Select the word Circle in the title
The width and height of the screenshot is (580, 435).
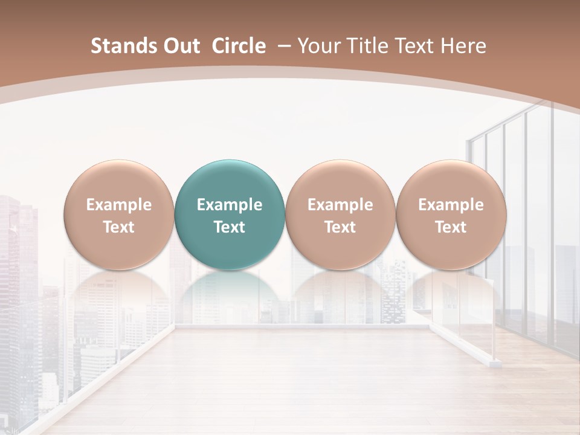[x=239, y=46]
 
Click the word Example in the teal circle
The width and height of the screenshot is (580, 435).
[x=230, y=205]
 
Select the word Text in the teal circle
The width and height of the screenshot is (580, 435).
[x=230, y=227]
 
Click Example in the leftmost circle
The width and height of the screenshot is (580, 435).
[x=119, y=205]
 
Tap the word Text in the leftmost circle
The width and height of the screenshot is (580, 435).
[x=119, y=227]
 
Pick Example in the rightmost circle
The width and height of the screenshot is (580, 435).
[x=451, y=205]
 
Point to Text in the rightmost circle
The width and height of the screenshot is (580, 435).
[x=451, y=227]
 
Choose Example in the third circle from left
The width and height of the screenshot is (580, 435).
[x=340, y=205]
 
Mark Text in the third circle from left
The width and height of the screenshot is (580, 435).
[x=340, y=227]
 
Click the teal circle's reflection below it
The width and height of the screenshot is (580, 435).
[x=230, y=296]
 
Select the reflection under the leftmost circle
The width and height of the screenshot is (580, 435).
[x=119, y=296]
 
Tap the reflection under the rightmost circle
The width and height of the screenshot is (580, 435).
[x=451, y=296]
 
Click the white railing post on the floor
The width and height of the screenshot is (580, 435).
[x=495, y=362]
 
